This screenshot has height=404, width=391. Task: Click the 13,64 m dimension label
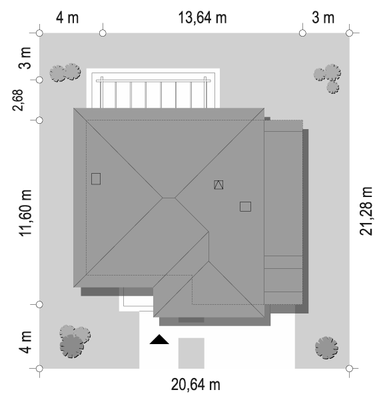pyautogui.click(x=202, y=18)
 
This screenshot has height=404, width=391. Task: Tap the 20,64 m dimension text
pyautogui.click(x=196, y=385)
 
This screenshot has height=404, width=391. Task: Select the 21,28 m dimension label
pyautogui.click(x=366, y=211)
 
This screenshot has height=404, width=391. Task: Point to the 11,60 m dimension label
pyautogui.click(x=25, y=213)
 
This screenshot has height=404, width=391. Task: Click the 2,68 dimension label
pyautogui.click(x=17, y=101)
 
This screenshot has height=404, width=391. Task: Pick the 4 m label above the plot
pyautogui.click(x=67, y=18)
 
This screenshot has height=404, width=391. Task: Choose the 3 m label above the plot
pyautogui.click(x=323, y=18)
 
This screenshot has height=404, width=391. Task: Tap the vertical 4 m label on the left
pyautogui.click(x=25, y=342)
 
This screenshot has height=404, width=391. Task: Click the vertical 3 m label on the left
pyautogui.click(x=25, y=58)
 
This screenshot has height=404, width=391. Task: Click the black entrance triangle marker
pyautogui.click(x=159, y=339)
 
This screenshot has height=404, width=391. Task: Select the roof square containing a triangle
pyautogui.click(x=218, y=185)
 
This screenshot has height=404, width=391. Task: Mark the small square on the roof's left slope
pyautogui.click(x=96, y=179)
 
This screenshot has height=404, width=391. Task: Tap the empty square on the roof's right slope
pyautogui.click(x=245, y=206)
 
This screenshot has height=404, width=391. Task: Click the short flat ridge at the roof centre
pyautogui.click(x=169, y=198)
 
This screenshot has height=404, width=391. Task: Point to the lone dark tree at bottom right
pyautogui.click(x=326, y=347)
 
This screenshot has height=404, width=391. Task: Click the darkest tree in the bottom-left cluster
pyautogui.click(x=72, y=346)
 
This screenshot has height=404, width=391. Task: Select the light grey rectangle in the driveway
pyautogui.click(x=191, y=353)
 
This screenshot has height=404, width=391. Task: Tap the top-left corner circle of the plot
pyautogui.click(x=39, y=33)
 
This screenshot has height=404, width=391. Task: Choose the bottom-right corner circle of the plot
pyautogui.click(x=349, y=369)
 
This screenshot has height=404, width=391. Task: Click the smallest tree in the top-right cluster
pyautogui.click(x=332, y=87)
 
